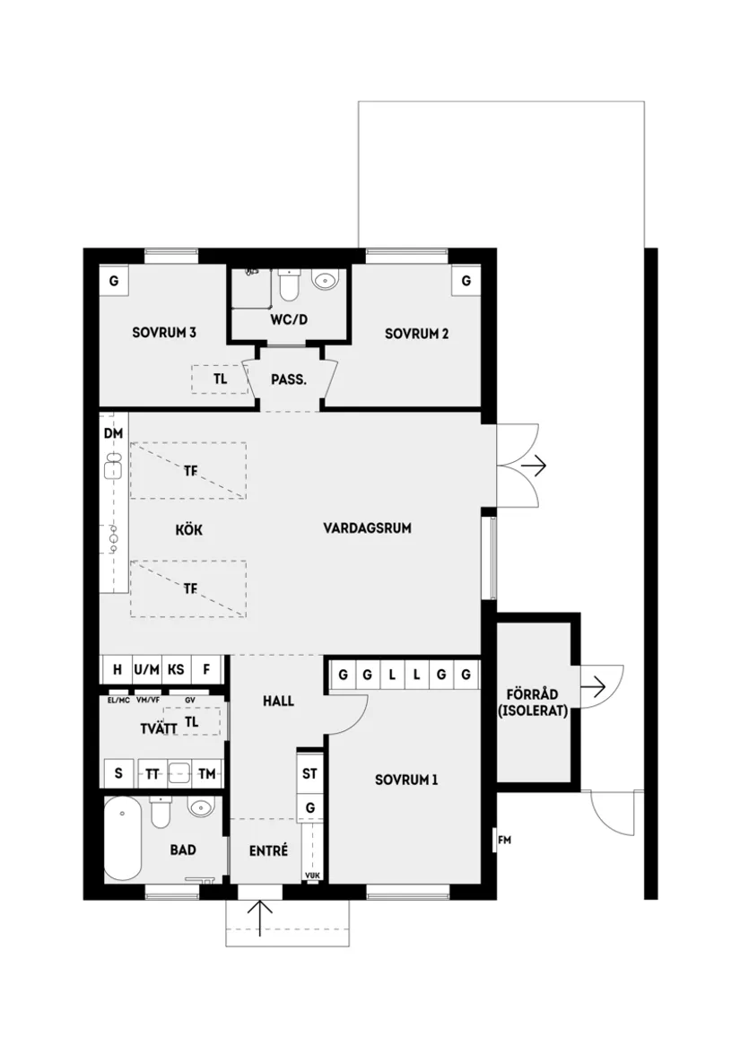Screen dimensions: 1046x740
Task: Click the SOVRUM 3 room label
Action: click(x=164, y=333)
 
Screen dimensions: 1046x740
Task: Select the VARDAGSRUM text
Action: click(x=367, y=528)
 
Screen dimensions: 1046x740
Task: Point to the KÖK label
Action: click(x=188, y=530)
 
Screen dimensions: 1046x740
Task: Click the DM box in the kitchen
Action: click(x=113, y=434)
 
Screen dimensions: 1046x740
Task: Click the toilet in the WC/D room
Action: click(x=289, y=284)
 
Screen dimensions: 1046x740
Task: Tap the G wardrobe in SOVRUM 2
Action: click(x=466, y=281)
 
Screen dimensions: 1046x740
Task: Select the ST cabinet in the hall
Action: click(x=310, y=772)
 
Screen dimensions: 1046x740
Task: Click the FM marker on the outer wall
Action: click(x=504, y=841)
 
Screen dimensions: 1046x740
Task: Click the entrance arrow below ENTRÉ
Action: click(x=260, y=917)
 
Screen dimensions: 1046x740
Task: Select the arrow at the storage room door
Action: click(x=594, y=688)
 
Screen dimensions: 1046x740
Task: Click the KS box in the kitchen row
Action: click(x=176, y=669)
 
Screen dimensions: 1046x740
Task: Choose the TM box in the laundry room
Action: click(x=207, y=773)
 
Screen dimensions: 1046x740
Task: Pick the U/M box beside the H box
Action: click(x=146, y=669)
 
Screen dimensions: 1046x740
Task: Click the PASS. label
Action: click(x=289, y=379)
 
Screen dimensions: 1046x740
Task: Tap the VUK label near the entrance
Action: click(x=311, y=876)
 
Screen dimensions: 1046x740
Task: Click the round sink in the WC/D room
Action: click(x=326, y=282)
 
